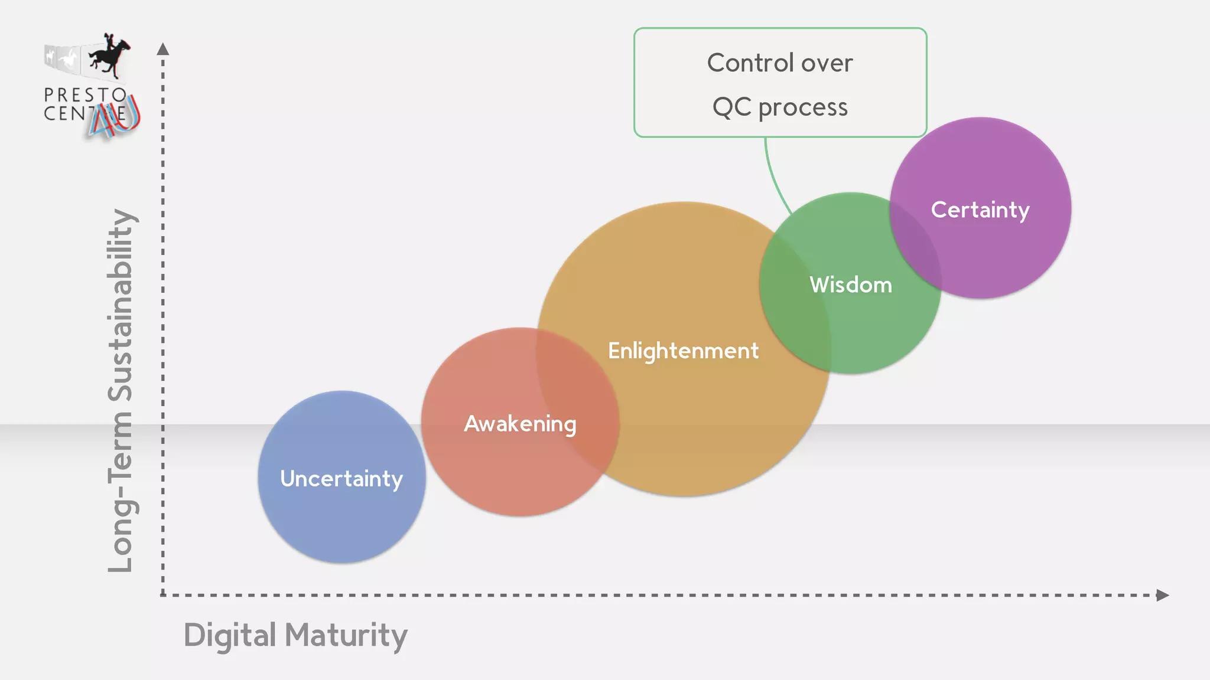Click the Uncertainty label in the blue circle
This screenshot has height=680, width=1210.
tap(341, 479)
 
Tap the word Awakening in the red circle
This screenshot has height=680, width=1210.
tap(520, 424)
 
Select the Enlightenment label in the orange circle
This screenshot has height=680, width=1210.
tap(683, 351)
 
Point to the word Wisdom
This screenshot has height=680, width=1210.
tap(851, 285)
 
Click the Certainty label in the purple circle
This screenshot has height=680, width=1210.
tap(980, 210)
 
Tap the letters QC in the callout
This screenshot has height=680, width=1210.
tap(731, 107)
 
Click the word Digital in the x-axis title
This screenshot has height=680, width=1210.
tap(230, 635)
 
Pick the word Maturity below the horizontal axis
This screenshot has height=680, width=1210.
tap(346, 635)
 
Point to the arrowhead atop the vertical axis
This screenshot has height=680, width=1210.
tap(163, 49)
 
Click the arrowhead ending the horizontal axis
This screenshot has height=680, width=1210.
tap(1162, 595)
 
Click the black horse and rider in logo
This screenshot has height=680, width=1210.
tap(110, 57)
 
